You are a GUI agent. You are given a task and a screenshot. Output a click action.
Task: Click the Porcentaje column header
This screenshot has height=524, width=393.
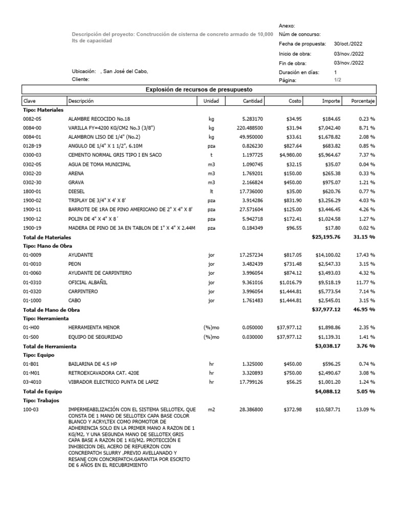click(x=363, y=101)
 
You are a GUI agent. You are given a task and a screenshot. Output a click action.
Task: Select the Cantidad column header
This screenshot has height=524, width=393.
click(x=253, y=101)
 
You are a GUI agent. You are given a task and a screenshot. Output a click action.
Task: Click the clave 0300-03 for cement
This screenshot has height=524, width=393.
click(x=33, y=155)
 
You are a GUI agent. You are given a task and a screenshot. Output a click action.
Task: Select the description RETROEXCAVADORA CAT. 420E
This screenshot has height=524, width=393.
click(x=102, y=373)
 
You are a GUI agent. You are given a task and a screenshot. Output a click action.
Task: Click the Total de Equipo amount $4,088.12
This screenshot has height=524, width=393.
click(x=329, y=391)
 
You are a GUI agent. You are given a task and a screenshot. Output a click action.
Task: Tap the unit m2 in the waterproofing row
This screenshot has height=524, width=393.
click(x=211, y=410)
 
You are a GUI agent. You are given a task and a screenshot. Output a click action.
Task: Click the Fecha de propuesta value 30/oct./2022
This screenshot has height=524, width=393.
click(x=348, y=44)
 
